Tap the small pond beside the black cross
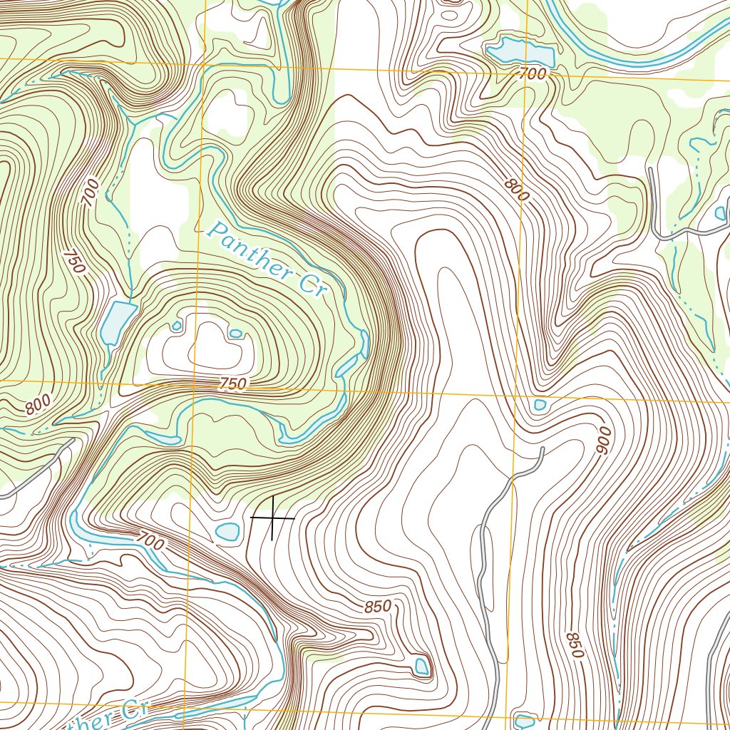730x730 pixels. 227,531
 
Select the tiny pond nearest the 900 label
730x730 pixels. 540,405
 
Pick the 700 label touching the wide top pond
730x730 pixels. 532,73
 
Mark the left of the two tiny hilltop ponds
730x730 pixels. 177,326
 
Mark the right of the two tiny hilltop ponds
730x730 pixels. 235,333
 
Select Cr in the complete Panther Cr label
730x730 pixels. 312,286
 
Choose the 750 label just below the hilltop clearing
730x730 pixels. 232,384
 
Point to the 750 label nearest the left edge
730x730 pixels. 73,261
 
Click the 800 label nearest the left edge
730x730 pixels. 38,406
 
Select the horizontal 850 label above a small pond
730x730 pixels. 377,607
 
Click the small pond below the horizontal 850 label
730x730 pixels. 421,667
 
